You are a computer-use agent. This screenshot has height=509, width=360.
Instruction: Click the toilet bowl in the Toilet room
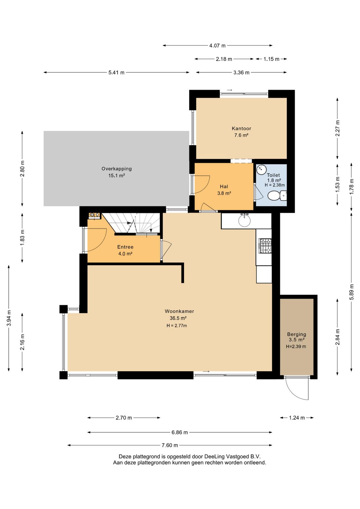coord(277,195)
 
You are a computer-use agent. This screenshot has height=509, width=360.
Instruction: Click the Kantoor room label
coord(241,128)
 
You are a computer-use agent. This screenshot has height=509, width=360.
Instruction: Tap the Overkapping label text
coord(117,168)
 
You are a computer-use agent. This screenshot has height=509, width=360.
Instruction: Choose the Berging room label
coord(296,334)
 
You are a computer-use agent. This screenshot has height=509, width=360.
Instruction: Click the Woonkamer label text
coord(179,311)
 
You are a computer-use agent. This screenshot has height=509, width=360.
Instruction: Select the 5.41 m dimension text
coord(116,72)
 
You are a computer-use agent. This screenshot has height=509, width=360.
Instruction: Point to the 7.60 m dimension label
coord(170,445)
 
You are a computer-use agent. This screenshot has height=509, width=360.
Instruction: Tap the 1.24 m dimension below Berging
coord(297,418)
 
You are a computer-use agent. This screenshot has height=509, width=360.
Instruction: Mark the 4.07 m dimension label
coord(217,45)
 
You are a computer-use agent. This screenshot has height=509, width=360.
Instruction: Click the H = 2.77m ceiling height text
coord(177,326)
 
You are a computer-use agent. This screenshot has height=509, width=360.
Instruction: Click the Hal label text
coord(224,186)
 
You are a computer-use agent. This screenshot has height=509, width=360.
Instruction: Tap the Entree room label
coord(125,247)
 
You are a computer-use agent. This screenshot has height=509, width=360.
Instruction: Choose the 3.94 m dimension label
coord(9,318)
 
